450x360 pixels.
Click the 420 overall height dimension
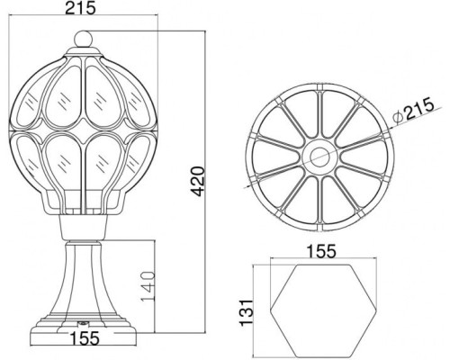pyautogui.click(x=198, y=182)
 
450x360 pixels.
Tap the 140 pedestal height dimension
pyautogui.click(x=148, y=287)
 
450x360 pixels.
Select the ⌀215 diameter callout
pyautogui.click(x=415, y=110)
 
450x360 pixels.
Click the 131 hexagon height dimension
pyautogui.click(x=247, y=312)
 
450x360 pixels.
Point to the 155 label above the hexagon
pyautogui.click(x=321, y=252)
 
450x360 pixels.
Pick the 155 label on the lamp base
pyautogui.click(x=85, y=338)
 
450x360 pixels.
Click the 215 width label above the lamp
pyautogui.click(x=80, y=8)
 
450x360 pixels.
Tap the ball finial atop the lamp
pyautogui.click(x=83, y=39)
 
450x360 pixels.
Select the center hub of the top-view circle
pyautogui.click(x=320, y=157)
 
